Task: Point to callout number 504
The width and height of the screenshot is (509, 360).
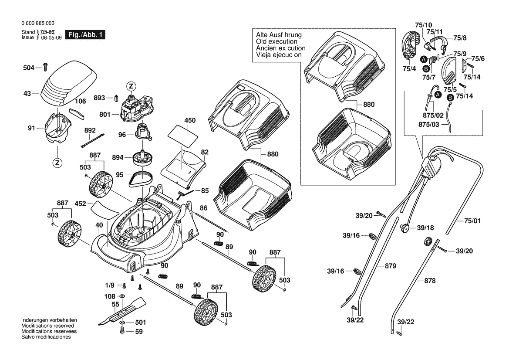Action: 29,68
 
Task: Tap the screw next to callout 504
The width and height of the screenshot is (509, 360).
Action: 45,67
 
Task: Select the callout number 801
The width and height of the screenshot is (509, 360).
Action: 105,115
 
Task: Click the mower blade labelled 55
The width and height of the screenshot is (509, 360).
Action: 126,310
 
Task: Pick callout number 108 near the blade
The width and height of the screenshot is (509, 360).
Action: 109,296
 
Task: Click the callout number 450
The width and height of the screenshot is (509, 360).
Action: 190,120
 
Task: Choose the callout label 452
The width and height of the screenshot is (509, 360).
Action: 81,203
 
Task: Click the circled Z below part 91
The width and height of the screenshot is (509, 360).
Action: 57,163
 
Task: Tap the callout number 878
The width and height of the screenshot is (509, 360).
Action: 430,281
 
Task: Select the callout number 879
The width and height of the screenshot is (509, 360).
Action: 390,265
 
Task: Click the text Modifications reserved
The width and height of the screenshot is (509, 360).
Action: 47,326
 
